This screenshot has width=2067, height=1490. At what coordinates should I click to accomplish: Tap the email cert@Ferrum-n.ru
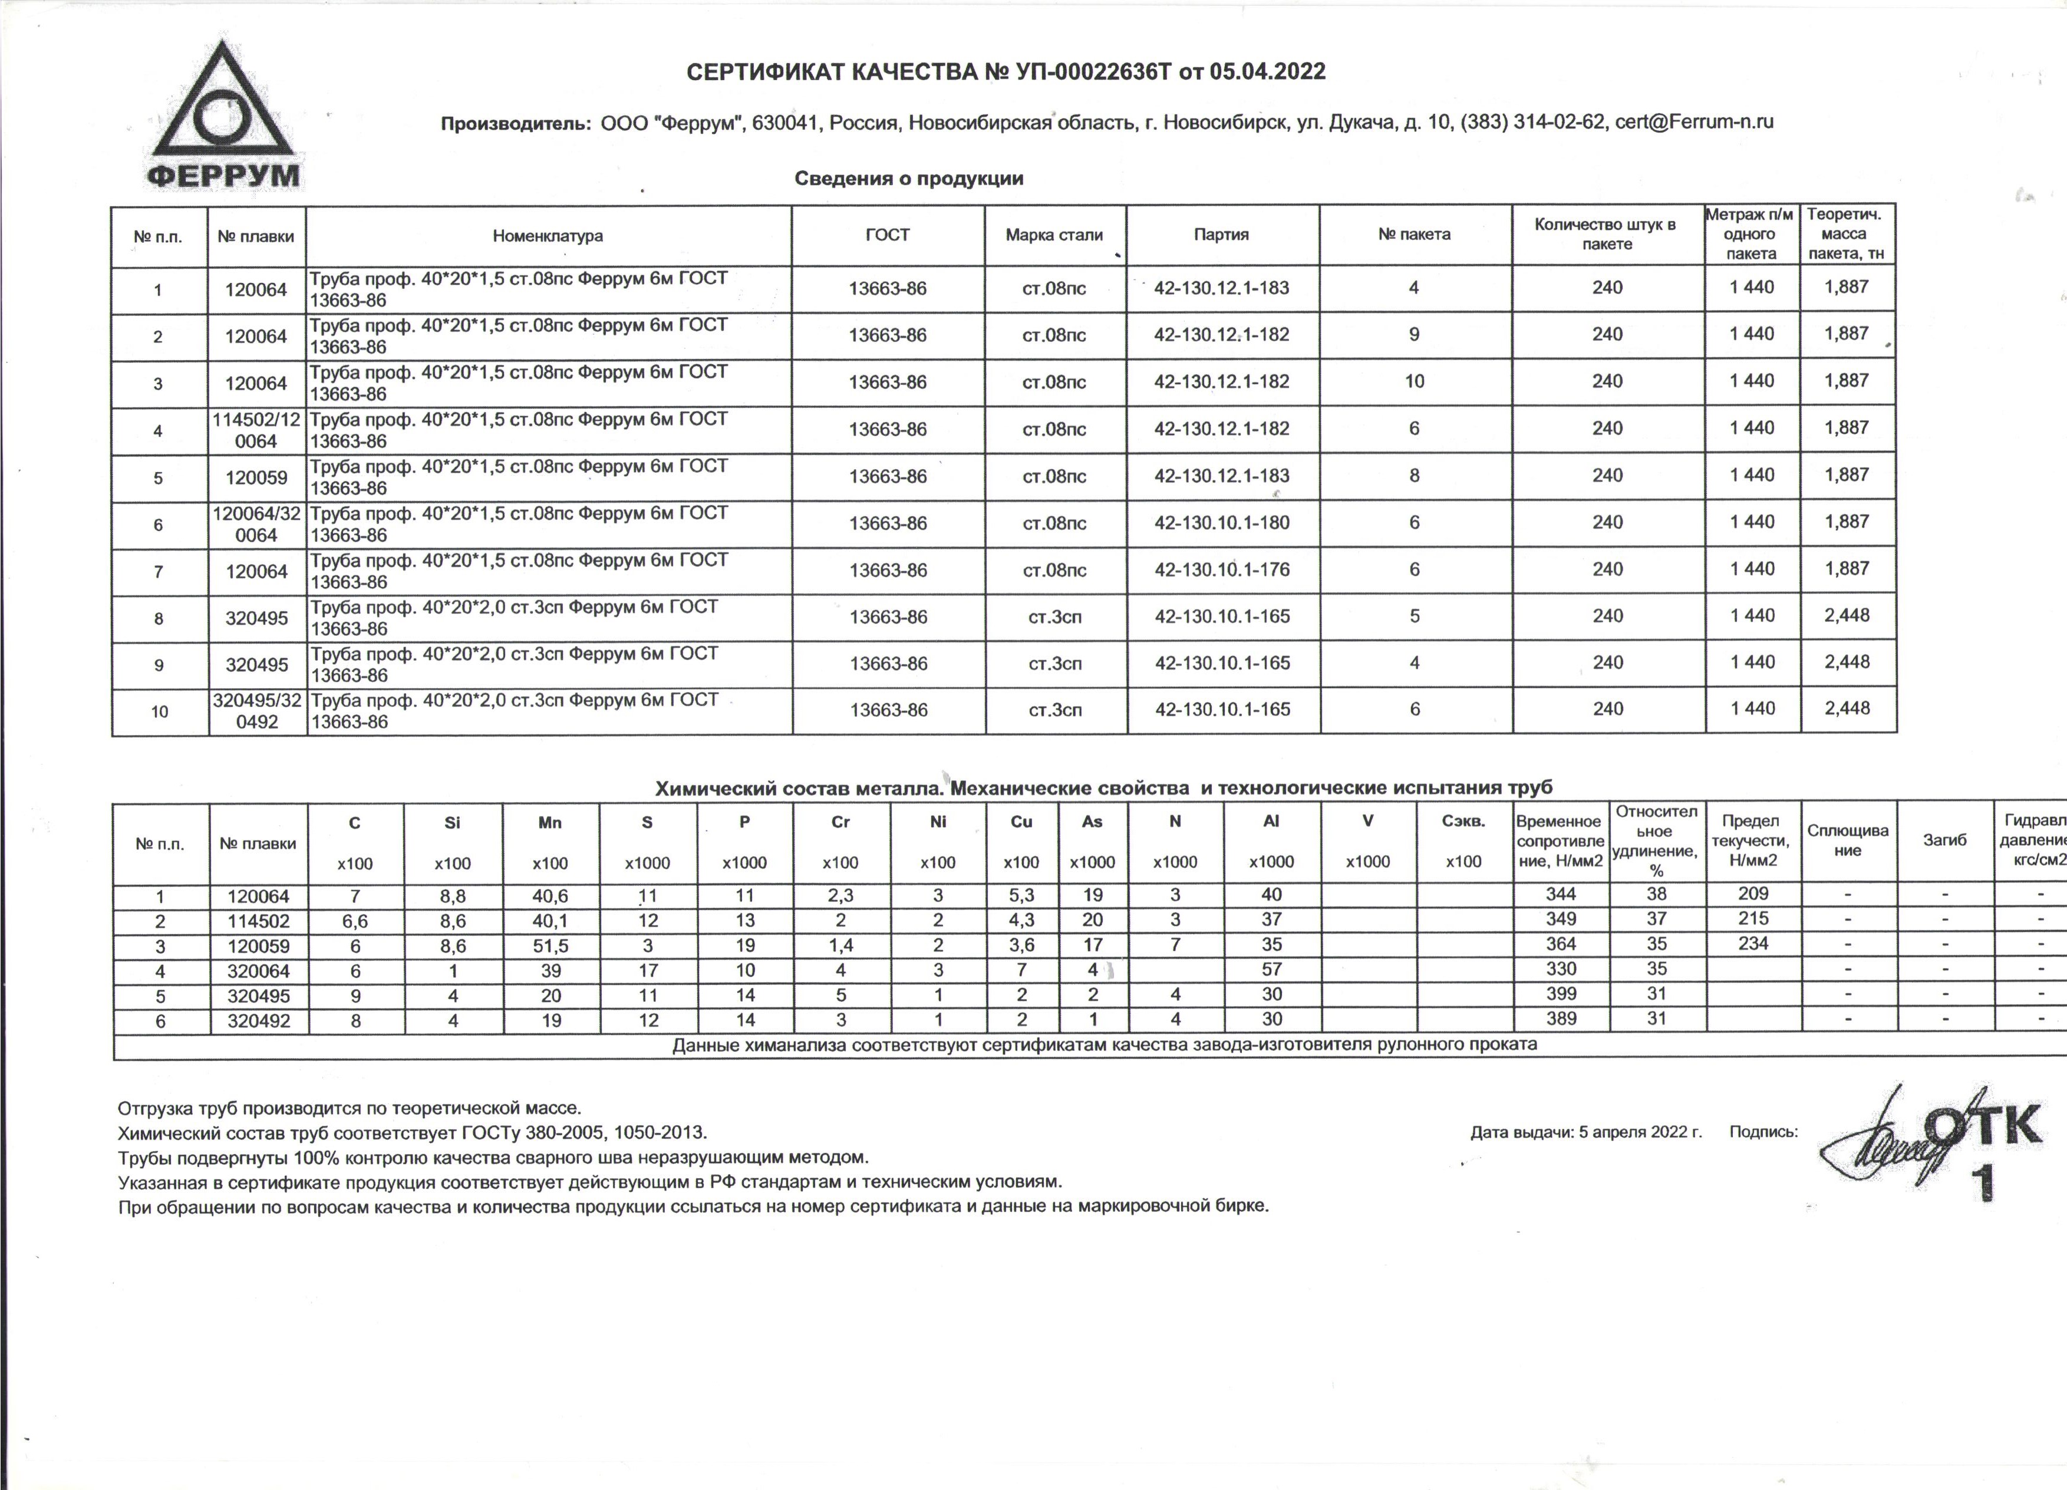[1693, 122]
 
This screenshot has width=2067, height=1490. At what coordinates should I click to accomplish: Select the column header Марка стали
[1054, 235]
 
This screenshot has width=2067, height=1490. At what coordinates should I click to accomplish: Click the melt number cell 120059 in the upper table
[256, 477]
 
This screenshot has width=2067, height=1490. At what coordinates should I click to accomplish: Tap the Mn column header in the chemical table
[549, 823]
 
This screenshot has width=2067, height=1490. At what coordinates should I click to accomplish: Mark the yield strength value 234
[1753, 944]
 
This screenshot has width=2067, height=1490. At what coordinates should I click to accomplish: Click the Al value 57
[1271, 970]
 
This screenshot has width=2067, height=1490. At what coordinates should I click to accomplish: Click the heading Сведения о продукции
[909, 179]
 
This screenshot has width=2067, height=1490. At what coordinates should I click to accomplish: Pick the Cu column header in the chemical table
[1021, 822]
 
